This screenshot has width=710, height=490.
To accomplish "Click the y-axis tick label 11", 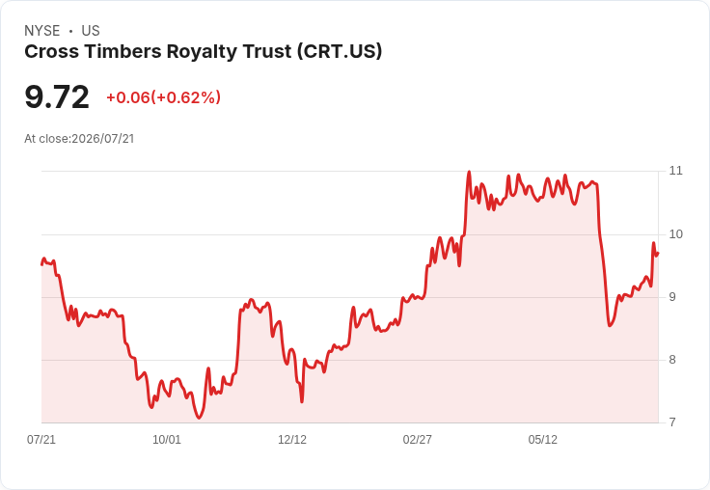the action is point(675,171).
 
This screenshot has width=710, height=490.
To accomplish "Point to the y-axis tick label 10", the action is point(675,234).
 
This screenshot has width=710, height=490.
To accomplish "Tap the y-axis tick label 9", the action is point(672,297).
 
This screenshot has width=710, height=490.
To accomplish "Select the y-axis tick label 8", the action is point(672,360).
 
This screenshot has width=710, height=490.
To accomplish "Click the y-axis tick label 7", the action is point(672,422).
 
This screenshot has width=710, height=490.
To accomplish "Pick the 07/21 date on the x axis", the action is point(41,440).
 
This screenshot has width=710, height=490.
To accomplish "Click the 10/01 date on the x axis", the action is point(167,440).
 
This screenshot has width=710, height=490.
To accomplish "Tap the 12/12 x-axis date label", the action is point(292,440).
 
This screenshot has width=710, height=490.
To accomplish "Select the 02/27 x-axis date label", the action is point(418,440).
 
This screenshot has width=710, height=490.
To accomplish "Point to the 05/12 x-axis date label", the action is point(543,440).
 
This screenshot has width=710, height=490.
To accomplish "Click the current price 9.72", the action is point(57,97).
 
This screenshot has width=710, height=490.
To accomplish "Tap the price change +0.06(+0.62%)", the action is point(163,97).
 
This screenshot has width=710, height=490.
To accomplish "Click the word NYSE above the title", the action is point(42,31).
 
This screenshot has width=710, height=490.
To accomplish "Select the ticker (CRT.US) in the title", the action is point(340,52).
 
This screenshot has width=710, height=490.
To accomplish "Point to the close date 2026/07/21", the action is point(103,139).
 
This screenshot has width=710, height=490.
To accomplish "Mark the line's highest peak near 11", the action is point(469,172).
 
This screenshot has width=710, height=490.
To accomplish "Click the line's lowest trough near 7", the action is point(199,418).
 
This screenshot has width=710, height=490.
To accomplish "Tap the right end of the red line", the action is point(658,253).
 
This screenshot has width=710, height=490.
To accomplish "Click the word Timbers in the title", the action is point(123,52).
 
